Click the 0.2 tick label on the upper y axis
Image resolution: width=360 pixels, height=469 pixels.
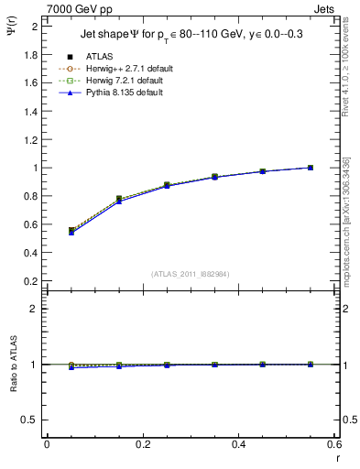(30, 280)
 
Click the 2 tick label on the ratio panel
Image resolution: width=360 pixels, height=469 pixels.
(34, 310)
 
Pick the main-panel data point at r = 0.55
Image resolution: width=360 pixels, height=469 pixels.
(311, 168)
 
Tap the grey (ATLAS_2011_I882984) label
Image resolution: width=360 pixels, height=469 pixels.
(191, 273)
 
